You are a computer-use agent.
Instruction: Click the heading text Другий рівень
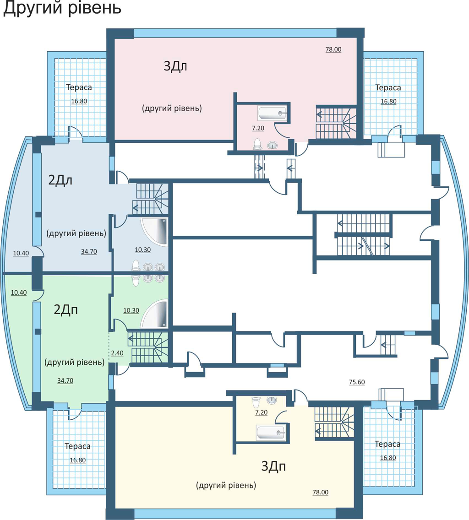[62, 8]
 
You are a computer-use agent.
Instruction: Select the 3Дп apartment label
[273, 466]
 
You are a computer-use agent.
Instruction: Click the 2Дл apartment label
[60, 180]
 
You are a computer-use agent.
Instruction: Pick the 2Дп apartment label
[65, 310]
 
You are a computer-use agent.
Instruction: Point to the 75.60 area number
[357, 382]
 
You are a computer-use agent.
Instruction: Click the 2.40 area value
[117, 353]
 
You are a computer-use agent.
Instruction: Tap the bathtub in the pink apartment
[272, 113]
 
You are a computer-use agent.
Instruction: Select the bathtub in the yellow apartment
[271, 433]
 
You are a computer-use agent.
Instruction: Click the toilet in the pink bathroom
[257, 144]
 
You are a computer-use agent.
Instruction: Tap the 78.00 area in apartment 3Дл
[333, 49]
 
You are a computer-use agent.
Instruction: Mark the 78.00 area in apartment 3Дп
[320, 493]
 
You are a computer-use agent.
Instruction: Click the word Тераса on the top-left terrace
[79, 87]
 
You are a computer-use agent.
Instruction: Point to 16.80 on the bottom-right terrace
[388, 458]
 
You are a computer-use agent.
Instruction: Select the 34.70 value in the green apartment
[65, 381]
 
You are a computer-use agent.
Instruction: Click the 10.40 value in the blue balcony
[21, 254]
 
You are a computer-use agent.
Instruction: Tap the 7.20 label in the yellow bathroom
[261, 412]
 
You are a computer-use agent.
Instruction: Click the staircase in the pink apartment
[336, 122]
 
